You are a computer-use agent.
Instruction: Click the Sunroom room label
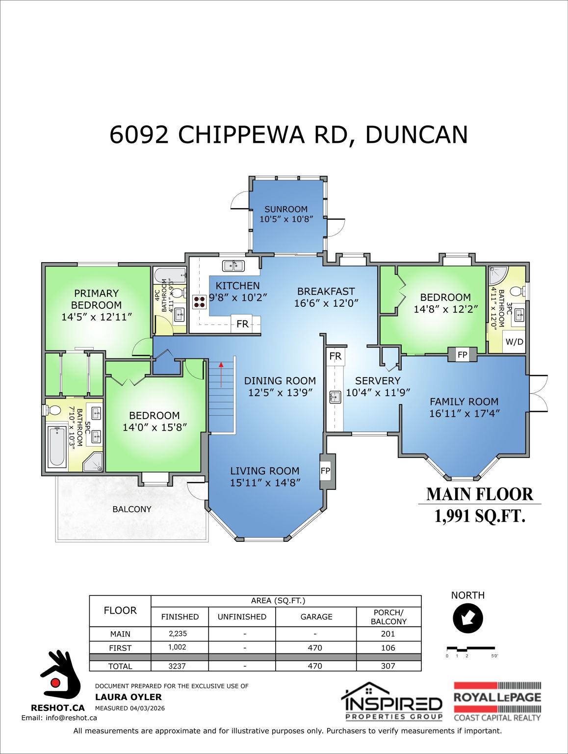click(x=286, y=209)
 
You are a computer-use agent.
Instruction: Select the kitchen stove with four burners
click(x=199, y=301)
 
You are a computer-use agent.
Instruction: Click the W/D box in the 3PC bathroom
click(x=514, y=342)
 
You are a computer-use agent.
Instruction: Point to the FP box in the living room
click(x=325, y=471)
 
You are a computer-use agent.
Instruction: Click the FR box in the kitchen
click(x=242, y=324)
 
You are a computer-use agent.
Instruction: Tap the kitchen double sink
click(x=233, y=266)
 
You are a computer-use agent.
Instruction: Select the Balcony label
click(x=132, y=509)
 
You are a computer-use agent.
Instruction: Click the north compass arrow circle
click(x=468, y=618)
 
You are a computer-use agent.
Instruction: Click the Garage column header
click(x=316, y=617)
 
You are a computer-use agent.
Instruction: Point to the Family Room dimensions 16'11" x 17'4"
click(x=464, y=413)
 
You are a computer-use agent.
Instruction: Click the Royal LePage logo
click(x=497, y=701)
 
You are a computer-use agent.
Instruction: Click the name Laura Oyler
click(x=128, y=697)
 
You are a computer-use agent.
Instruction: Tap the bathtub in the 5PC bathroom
click(x=57, y=446)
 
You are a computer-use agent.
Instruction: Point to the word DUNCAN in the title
click(x=416, y=135)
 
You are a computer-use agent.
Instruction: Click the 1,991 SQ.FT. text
click(x=479, y=516)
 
